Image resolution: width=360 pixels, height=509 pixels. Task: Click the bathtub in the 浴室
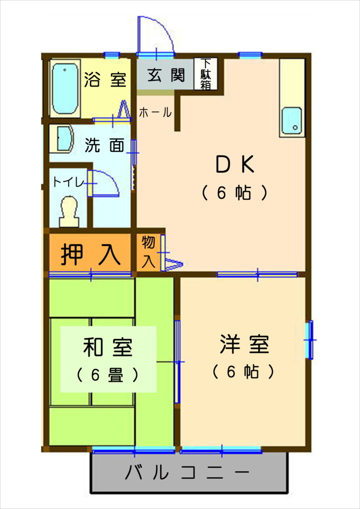pos(65,88)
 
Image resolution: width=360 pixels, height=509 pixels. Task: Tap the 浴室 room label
pos(105,80)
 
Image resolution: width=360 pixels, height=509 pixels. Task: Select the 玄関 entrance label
pos(166,75)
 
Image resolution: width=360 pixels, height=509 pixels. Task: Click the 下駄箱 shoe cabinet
pos(205,74)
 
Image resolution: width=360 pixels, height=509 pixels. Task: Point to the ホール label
pos(155,113)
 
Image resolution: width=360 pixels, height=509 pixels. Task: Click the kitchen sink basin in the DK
pos(291,120)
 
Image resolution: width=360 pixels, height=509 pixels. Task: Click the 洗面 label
pos(104,146)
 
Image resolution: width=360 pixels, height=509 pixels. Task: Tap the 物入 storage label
pos(148,252)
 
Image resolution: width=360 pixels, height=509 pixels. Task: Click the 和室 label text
pos(108,347)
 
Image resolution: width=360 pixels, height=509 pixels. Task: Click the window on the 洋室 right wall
pos(310,339)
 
